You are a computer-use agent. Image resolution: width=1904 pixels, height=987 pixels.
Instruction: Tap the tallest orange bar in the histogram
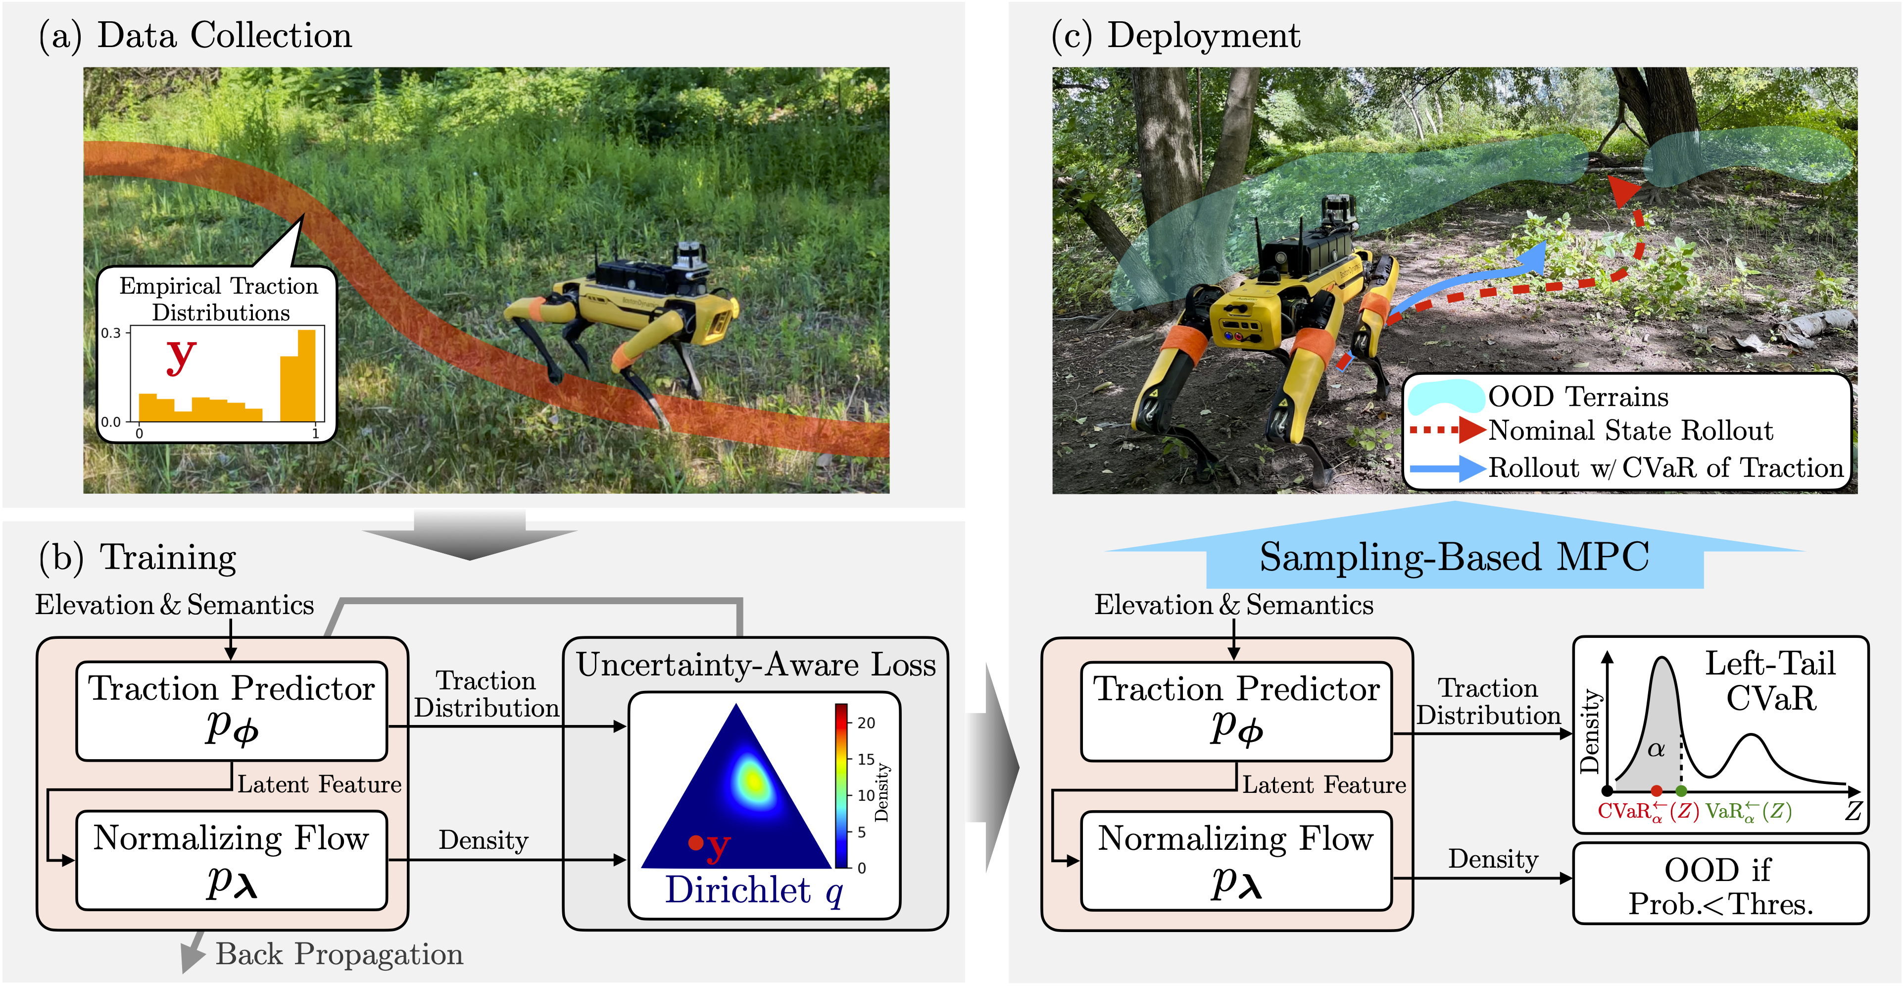(x=306, y=375)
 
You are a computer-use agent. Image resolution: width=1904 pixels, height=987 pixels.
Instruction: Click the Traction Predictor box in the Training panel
(x=231, y=710)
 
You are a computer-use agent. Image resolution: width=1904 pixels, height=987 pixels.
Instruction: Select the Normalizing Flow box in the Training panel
(x=231, y=860)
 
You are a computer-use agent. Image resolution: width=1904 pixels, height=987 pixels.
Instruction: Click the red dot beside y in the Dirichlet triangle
(x=695, y=842)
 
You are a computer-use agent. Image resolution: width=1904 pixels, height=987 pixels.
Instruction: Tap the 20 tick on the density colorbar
(x=866, y=723)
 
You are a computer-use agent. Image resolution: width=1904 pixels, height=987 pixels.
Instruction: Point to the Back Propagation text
(x=339, y=954)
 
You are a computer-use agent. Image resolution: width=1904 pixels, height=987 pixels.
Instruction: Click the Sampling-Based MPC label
(x=1454, y=557)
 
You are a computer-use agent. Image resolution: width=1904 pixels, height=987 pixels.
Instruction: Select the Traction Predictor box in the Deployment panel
(x=1236, y=711)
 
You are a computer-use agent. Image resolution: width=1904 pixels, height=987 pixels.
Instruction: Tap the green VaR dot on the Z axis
(x=1681, y=791)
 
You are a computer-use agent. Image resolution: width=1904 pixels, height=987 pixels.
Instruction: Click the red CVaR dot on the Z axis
(x=1657, y=791)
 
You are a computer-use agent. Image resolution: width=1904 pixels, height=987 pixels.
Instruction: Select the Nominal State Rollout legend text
(x=1630, y=430)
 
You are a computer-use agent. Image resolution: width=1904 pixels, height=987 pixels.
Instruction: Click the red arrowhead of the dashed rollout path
(x=1624, y=191)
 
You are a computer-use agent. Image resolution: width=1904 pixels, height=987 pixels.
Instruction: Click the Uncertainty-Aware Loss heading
(x=755, y=664)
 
